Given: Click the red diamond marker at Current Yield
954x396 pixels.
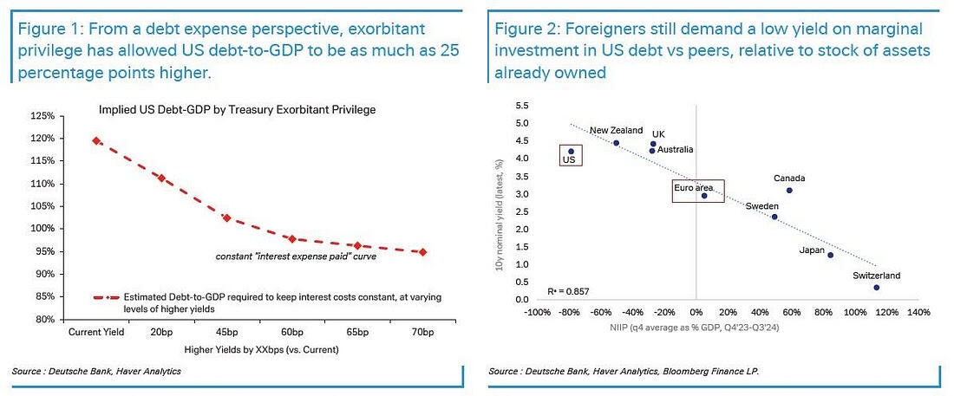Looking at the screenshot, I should (95, 140).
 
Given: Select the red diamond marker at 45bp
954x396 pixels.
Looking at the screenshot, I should (226, 217).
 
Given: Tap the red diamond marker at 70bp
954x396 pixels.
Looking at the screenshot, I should (422, 252).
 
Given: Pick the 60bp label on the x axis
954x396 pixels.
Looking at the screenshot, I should (291, 333).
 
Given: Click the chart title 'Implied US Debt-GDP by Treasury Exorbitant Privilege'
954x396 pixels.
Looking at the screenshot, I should (247, 109).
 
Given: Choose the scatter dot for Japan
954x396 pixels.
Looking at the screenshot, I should (830, 255).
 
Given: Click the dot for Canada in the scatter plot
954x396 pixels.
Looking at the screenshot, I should (789, 190).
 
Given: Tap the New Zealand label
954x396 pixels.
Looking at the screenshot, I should (616, 130).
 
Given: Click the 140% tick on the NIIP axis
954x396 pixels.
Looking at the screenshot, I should (919, 312).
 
